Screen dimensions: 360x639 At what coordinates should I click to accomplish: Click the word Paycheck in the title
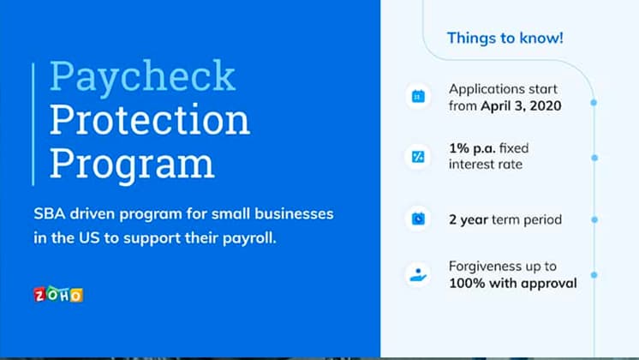(x=142, y=77)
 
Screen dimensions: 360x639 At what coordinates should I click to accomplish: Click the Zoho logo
(x=58, y=295)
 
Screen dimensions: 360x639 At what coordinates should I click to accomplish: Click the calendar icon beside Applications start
(x=418, y=98)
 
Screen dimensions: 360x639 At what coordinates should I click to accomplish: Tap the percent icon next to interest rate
(x=418, y=157)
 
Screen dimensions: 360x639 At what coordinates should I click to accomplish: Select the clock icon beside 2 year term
(x=418, y=219)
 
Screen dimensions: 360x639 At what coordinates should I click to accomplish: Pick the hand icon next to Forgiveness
(x=418, y=274)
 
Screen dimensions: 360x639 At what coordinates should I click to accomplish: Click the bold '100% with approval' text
(x=512, y=283)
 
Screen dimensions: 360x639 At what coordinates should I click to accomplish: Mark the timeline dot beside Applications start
(x=594, y=101)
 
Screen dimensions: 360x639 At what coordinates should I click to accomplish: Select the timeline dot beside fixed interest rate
(x=594, y=158)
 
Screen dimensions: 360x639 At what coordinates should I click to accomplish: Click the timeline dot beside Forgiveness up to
(x=594, y=275)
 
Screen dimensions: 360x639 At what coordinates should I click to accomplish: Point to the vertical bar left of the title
(x=33, y=123)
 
